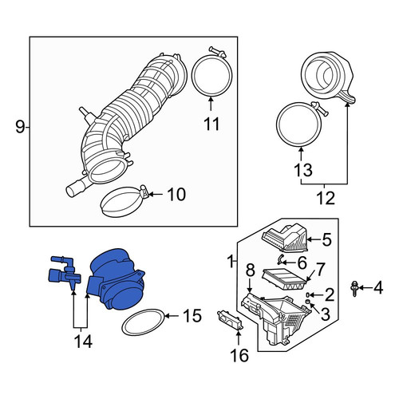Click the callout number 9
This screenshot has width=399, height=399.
point(20,127)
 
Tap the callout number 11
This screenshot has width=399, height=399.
point(211,124)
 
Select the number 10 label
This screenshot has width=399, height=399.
point(176,195)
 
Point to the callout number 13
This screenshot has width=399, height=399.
point(303,170)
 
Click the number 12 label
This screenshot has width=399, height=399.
point(326,198)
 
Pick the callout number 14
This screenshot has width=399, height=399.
point(83,342)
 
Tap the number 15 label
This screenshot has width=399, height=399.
point(192,316)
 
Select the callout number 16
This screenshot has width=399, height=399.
point(239,355)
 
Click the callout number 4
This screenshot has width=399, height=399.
point(377,288)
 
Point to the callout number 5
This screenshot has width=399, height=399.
point(326,239)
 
